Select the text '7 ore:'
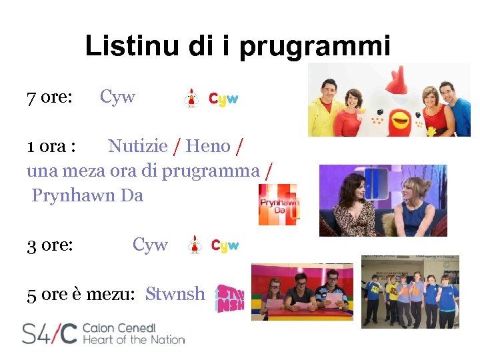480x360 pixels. pos(49,97)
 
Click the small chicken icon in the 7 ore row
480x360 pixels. pos(191,98)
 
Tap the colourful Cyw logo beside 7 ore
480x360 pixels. pos(223,99)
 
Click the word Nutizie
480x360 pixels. pos(137,146)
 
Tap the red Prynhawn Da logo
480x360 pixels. pos(279,205)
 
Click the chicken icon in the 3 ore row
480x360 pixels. pos(194,245)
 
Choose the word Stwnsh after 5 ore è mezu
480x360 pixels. pos(175,293)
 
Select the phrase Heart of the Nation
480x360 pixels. pos(133,340)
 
